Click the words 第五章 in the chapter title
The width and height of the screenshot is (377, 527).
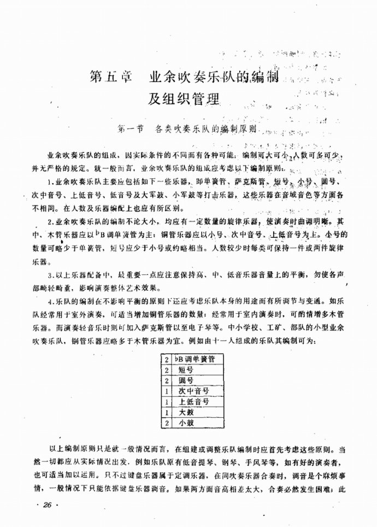[110, 78]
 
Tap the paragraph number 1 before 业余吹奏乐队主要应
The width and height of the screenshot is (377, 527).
[50, 181]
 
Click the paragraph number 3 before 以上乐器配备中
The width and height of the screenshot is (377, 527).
[50, 275]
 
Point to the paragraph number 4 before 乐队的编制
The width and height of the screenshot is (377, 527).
[50, 301]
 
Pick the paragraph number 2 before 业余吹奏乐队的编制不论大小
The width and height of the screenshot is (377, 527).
[50, 222]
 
